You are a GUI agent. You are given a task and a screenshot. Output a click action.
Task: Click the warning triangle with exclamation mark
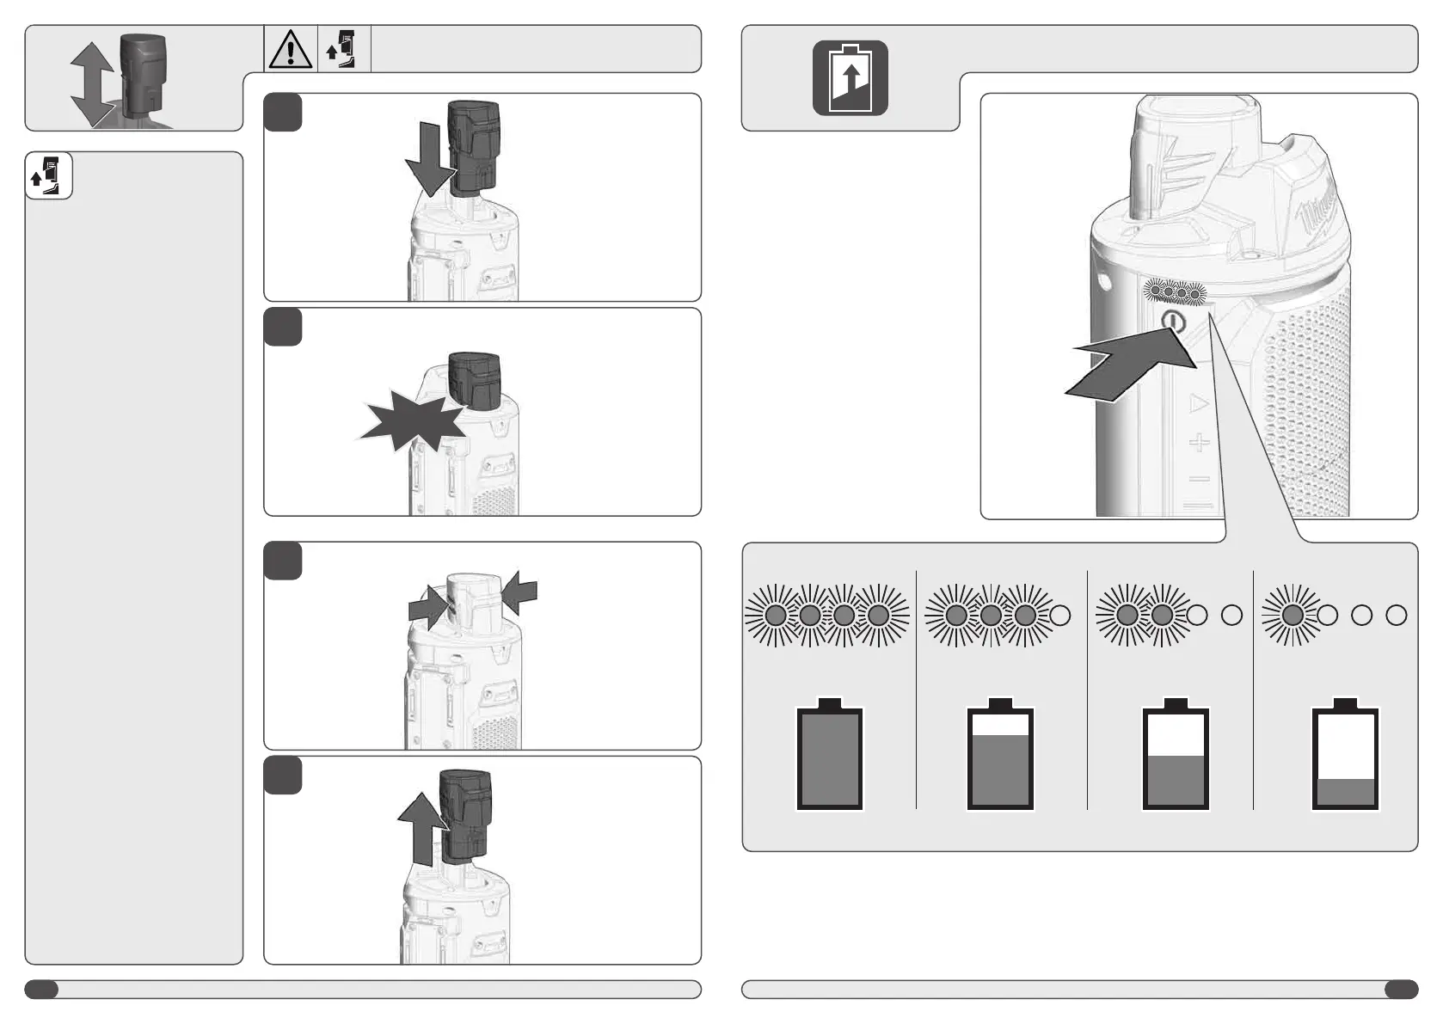[x=291, y=49]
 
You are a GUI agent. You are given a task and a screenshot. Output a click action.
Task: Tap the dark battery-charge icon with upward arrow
[x=850, y=78]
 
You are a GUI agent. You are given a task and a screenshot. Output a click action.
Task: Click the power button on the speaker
[x=1174, y=323]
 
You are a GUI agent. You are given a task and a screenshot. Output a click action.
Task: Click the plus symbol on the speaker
[x=1199, y=443]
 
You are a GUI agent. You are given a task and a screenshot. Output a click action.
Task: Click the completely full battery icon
[x=829, y=757]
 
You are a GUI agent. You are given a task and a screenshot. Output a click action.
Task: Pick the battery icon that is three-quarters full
[x=1000, y=757]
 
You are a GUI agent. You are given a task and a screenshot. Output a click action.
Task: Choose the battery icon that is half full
[x=1175, y=757]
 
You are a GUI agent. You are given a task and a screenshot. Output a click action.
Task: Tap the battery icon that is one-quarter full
[x=1345, y=757]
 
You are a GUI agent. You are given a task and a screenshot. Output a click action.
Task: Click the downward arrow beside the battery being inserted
[x=427, y=159]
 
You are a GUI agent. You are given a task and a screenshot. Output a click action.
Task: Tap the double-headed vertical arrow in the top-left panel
[x=92, y=84]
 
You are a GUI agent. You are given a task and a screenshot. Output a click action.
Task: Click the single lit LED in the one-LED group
[x=1292, y=615]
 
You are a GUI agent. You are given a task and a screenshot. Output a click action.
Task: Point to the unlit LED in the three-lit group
[x=1060, y=615]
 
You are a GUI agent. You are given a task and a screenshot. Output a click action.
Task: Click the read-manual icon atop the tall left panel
[x=48, y=175]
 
